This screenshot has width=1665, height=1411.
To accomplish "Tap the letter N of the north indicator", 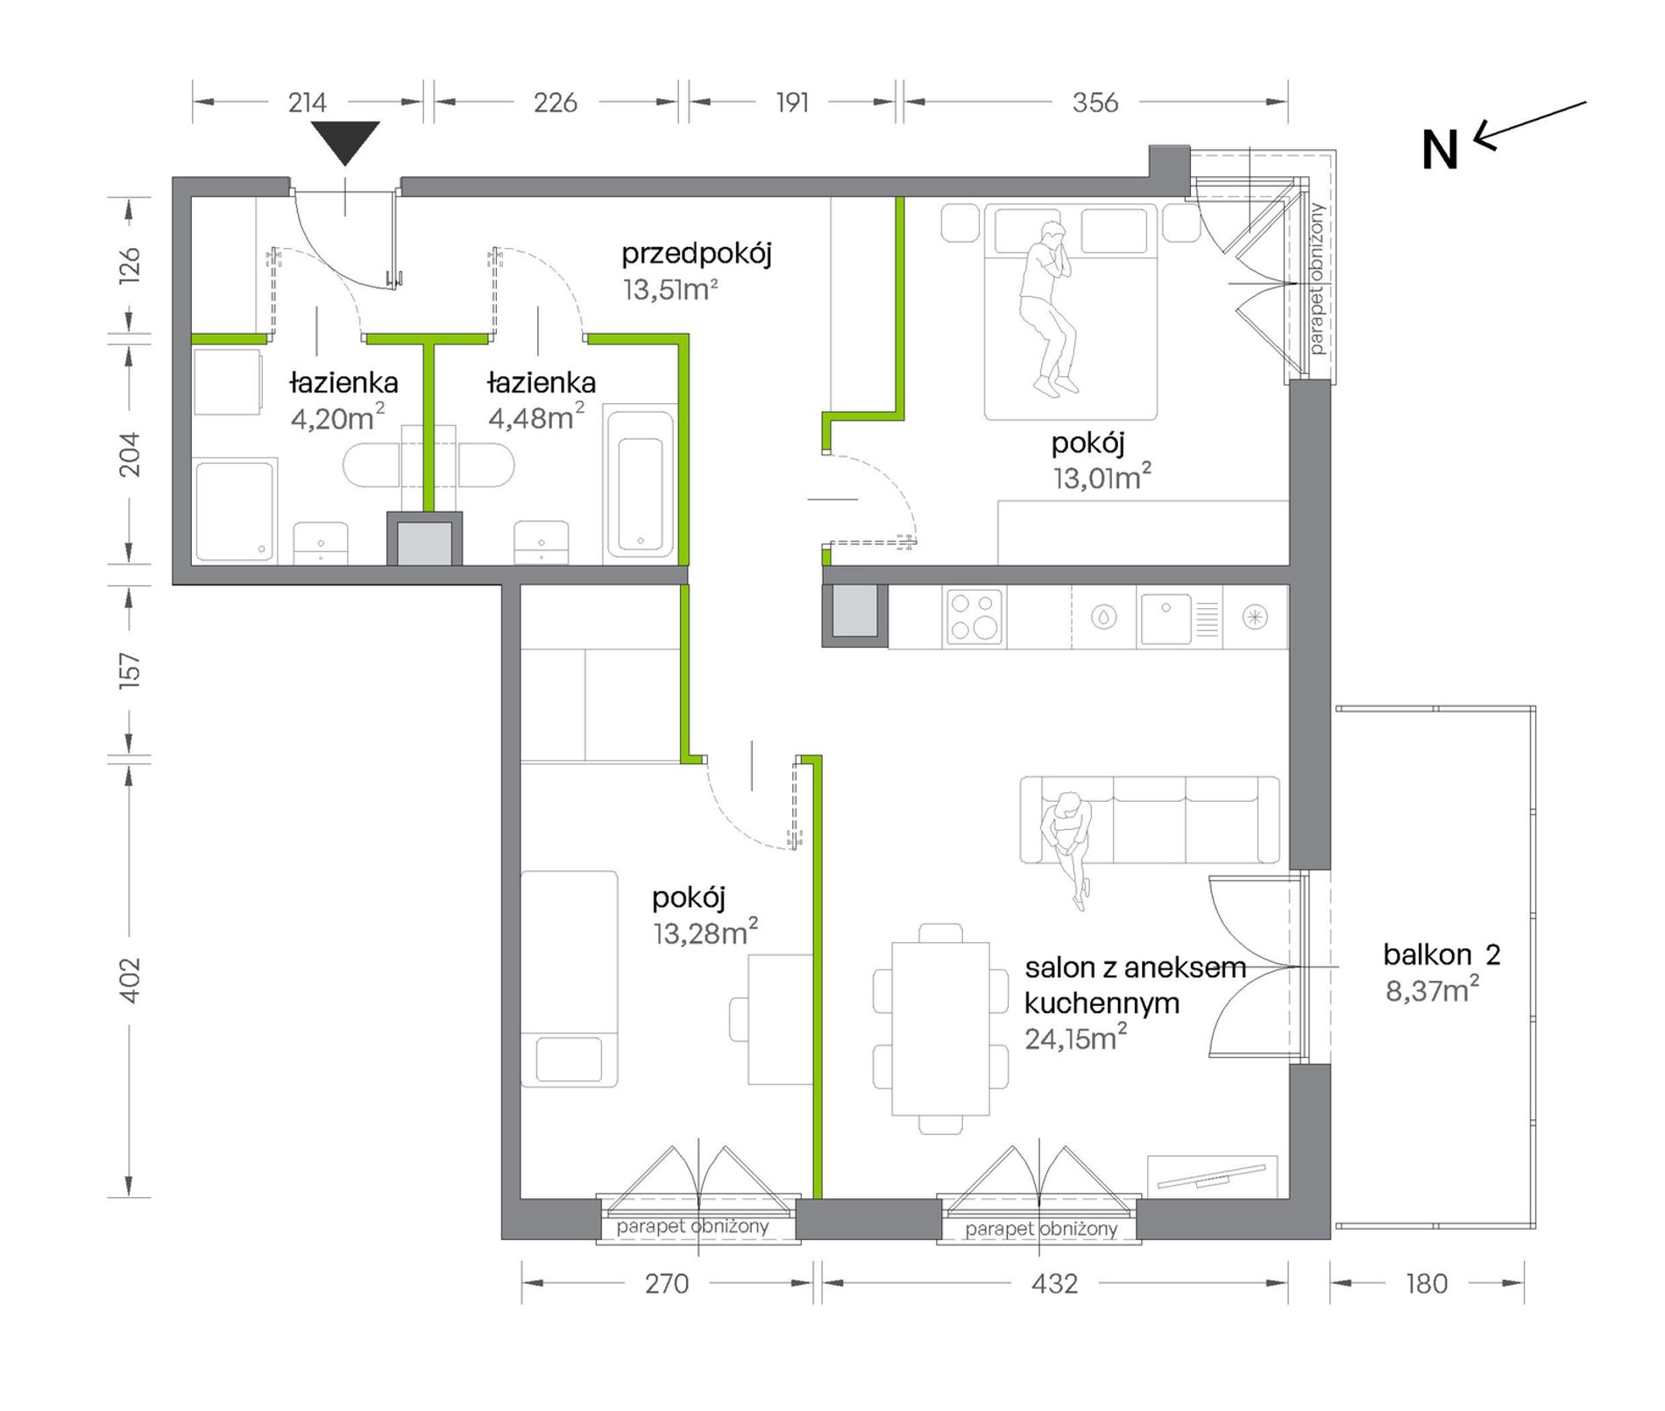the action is [x=1439, y=151].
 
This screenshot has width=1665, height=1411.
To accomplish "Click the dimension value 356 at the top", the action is [x=1095, y=103].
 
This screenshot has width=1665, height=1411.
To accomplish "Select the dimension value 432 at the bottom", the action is [x=1054, y=1284].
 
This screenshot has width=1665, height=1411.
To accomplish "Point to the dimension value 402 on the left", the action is [x=129, y=980].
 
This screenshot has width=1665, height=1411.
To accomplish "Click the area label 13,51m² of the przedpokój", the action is [x=670, y=289].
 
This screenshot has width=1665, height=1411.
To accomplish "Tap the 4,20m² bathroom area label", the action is [x=337, y=417].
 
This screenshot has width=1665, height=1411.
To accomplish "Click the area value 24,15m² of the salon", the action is [x=1076, y=1038].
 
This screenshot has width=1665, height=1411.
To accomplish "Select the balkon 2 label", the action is [x=1442, y=954].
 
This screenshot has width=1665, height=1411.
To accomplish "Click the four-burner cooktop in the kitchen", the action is [x=974, y=616].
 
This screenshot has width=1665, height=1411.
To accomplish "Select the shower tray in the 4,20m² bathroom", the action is [x=234, y=511].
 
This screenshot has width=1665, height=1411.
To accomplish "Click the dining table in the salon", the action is [x=940, y=1028].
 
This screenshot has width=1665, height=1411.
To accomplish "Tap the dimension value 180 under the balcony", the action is [x=1427, y=1284].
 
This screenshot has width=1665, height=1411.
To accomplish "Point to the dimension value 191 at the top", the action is [x=792, y=103].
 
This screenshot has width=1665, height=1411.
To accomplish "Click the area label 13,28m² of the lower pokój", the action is [x=705, y=932].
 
